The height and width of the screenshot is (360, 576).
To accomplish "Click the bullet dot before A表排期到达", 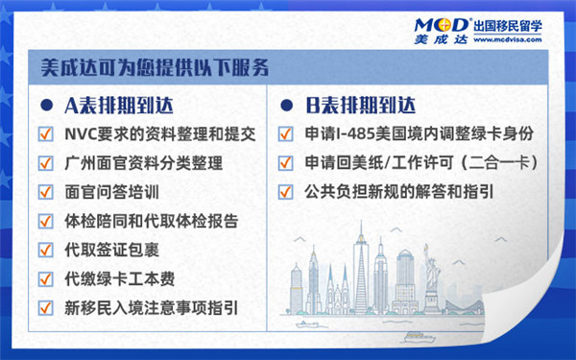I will click(x=45, y=104).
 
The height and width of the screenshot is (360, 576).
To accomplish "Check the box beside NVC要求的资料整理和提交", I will click(x=45, y=133).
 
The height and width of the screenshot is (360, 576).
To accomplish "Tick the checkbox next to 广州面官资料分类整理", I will click(x=45, y=162).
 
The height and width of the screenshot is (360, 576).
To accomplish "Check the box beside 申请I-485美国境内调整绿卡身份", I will click(x=285, y=133).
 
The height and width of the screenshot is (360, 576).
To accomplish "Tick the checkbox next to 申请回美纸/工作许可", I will click(x=285, y=162).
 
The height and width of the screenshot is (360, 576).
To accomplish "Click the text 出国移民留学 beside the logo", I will click(x=509, y=23).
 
